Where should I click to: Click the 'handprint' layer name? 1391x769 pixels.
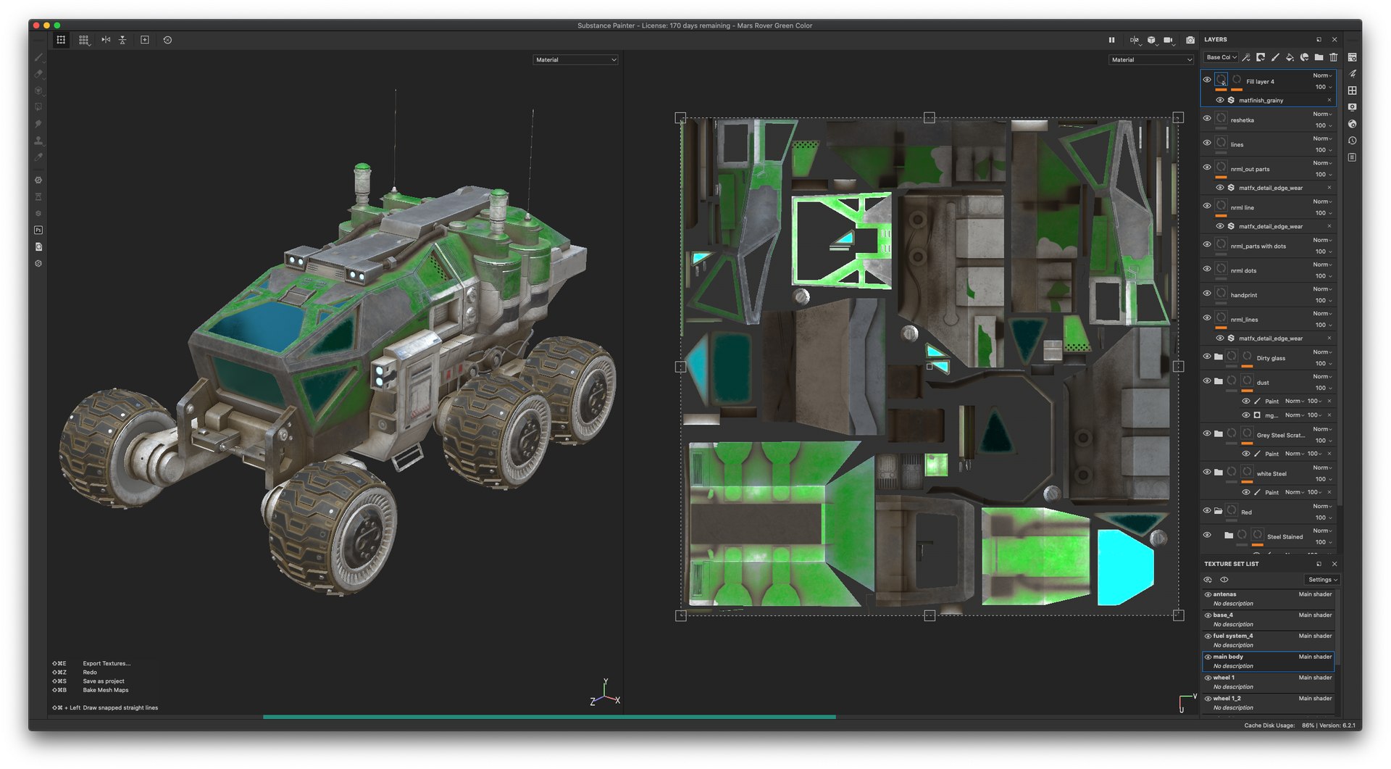(x=1243, y=295)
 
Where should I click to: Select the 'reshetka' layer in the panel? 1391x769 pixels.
(x=1242, y=120)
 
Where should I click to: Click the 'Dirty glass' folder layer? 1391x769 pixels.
(x=1270, y=358)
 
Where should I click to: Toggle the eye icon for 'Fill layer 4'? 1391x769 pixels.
(x=1207, y=80)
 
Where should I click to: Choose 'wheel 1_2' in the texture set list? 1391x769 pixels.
(x=1227, y=699)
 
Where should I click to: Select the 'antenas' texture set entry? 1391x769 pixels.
(x=1224, y=594)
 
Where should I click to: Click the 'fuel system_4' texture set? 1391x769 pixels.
(x=1232, y=636)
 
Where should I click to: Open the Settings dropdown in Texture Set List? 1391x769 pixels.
(x=1322, y=580)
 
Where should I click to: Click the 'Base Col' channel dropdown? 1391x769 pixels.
(x=1221, y=57)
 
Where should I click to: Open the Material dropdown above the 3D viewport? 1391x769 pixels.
(x=575, y=60)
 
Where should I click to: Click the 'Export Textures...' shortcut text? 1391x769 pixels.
(x=106, y=664)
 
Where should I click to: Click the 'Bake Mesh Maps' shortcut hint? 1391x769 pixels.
(x=105, y=690)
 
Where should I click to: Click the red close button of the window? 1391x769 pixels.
(x=36, y=25)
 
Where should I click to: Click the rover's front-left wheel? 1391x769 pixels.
(x=116, y=449)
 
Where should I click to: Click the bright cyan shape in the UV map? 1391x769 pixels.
(x=1124, y=566)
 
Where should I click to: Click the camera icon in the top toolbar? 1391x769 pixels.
(x=1190, y=40)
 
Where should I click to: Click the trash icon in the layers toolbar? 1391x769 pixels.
(x=1333, y=57)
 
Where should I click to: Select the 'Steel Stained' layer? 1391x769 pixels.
(x=1285, y=537)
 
